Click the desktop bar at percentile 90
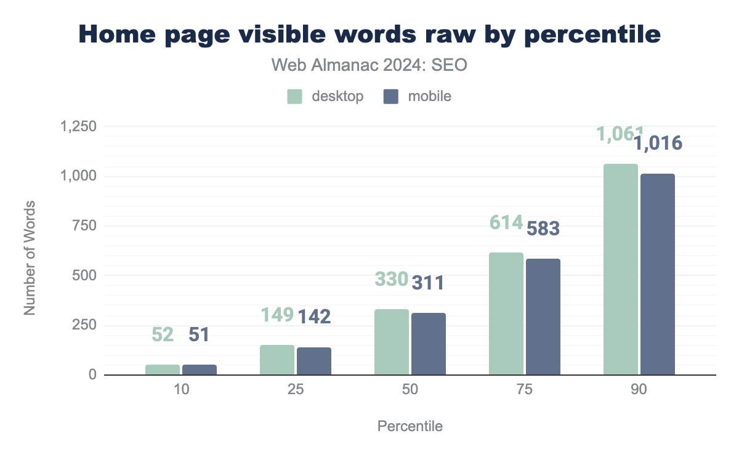621,269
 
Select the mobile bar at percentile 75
543,317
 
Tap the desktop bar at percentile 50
392,342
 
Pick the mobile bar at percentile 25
314,361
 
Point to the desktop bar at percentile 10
163,370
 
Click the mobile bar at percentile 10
200,370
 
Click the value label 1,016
658,144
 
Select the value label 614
506,222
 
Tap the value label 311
427,283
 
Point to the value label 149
277,315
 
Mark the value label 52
163,334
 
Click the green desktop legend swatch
294,97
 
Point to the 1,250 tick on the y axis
78,127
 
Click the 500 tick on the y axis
84,276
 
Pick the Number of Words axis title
30,257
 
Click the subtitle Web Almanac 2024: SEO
369,65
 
